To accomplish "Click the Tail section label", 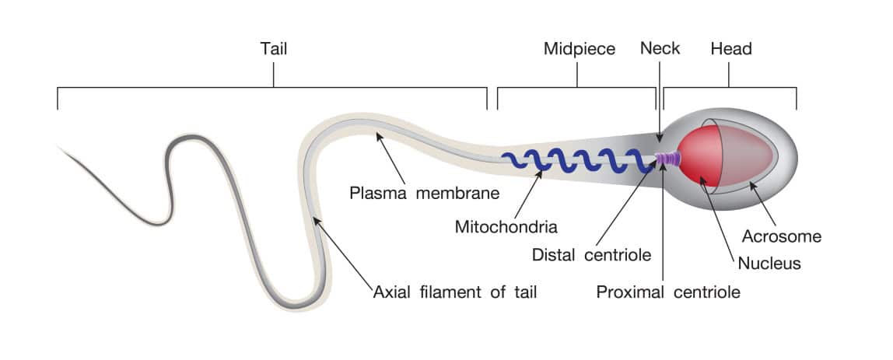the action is pos(273,48).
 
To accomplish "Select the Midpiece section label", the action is pos(580,49).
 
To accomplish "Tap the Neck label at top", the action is pos(660,48).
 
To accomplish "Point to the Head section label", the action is pos(731,49).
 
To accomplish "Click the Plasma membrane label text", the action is pos(424,193).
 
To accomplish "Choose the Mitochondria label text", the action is pos(506,227).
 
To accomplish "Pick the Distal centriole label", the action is pos(591,255).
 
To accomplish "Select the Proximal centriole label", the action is pos(668,293).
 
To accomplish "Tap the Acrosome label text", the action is pos(781,236).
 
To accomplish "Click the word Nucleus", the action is pos(769,263).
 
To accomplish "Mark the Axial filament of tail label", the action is pos(454,293).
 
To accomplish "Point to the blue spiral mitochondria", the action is pos(577,160).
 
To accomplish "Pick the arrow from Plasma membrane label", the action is pos(390,159).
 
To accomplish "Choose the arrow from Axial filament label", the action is pos(343,252).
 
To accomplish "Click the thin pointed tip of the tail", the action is pos(58,147).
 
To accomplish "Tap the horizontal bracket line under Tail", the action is pos(272,88).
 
